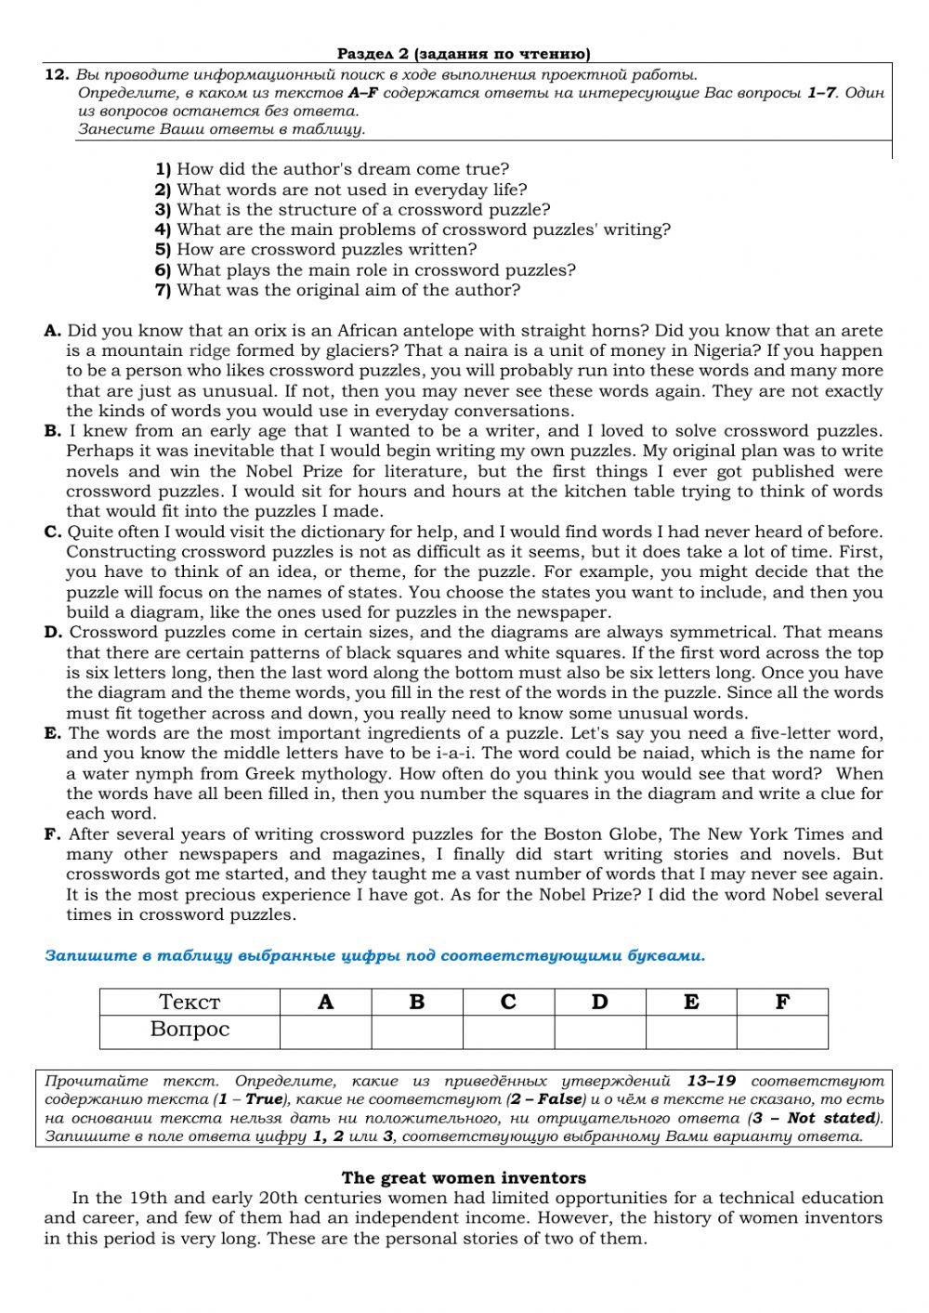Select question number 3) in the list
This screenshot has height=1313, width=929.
pos(164,210)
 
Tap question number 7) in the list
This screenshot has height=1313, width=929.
pos(164,291)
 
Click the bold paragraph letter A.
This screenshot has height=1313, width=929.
pos(52,331)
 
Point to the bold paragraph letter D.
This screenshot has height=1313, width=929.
pos(53,633)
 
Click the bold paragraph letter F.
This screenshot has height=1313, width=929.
pos(53,834)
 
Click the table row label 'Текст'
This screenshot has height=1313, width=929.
pos(190,1002)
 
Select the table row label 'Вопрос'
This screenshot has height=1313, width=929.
pos(190,1031)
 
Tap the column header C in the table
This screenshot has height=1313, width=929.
pos(508,1002)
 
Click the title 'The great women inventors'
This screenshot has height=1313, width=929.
pos(464,1178)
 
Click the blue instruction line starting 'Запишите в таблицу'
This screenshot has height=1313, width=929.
pos(374,955)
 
